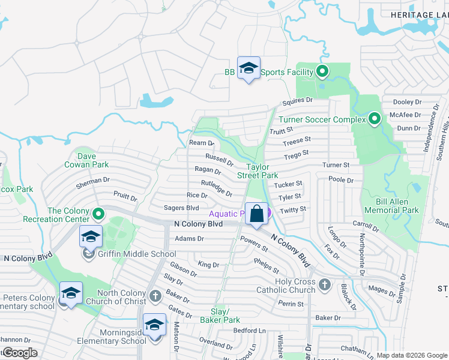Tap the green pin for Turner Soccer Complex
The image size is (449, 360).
pos(375,119)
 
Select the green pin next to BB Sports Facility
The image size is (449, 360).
pos(322,72)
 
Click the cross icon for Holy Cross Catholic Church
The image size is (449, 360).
pos(324,284)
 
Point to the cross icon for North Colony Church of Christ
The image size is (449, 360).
pos(155,296)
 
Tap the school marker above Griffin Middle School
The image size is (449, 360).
pos(91,236)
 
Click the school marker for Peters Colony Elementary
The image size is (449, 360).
pos(71,293)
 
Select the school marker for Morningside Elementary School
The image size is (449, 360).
pos(155,326)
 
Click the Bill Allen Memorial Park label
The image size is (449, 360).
pos(391,206)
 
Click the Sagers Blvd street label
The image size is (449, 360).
pos(181,208)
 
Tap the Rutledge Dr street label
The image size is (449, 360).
pos(217,188)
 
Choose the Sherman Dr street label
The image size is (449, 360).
pos(92,183)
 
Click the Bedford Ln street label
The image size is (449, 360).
pos(249,330)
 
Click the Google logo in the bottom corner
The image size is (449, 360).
pos(19,353)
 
